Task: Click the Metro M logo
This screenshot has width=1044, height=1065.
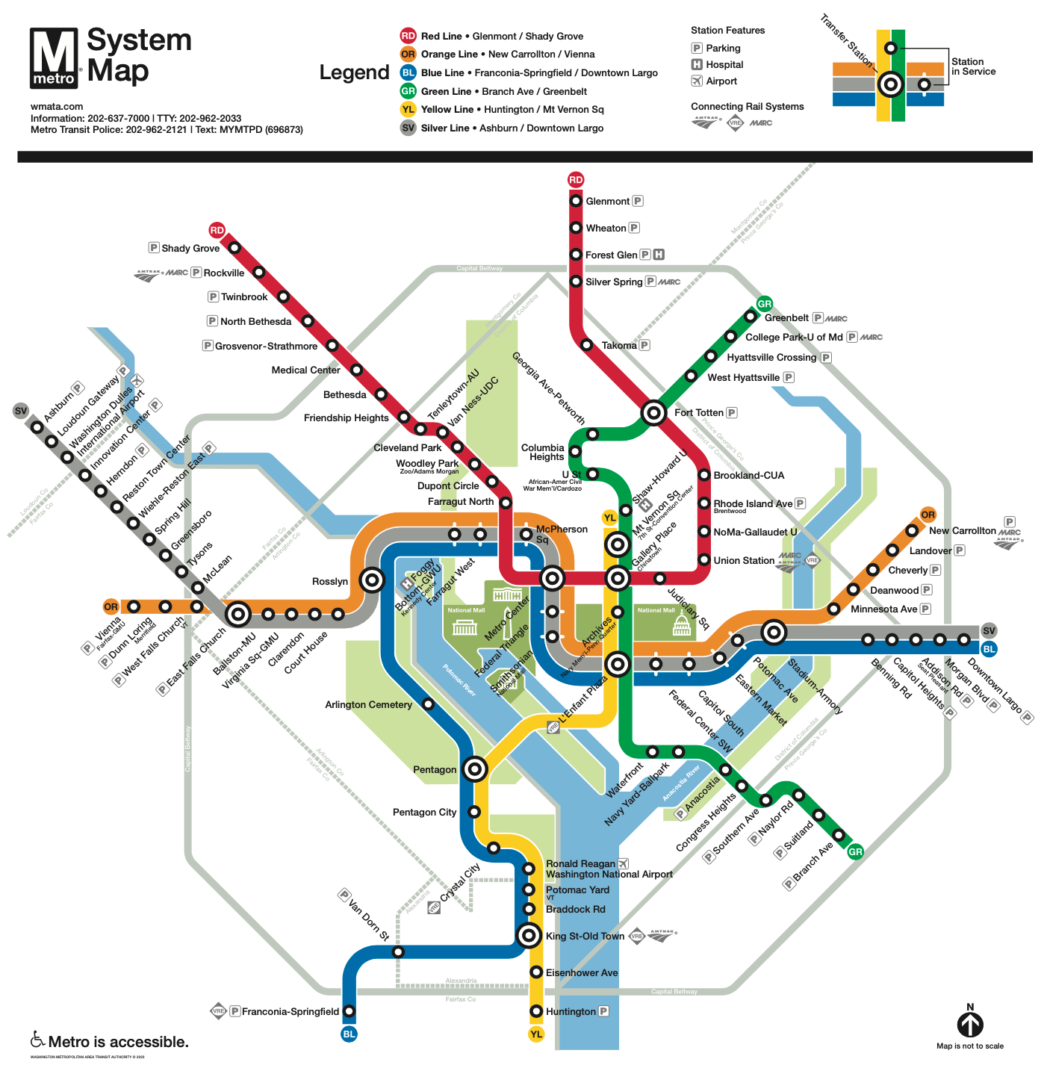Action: point(54,58)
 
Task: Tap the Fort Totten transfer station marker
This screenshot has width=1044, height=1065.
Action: point(653,412)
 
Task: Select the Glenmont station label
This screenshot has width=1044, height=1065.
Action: point(607,202)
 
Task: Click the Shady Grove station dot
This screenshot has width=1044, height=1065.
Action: point(234,248)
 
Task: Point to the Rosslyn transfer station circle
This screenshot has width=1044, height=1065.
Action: point(371,580)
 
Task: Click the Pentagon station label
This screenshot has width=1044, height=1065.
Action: point(434,770)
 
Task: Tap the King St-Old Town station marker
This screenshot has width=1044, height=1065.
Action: point(529,934)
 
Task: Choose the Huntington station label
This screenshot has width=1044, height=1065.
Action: point(571,1012)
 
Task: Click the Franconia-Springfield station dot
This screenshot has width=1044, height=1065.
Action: point(349,1011)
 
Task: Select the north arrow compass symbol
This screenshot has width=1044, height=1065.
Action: point(970,1024)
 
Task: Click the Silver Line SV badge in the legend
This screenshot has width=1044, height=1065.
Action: point(408,128)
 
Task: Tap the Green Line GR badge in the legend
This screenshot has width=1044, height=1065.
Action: point(408,91)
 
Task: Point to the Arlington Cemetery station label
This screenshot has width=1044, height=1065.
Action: point(368,705)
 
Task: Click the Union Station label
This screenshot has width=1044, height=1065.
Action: point(744,561)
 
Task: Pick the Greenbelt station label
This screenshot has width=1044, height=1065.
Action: point(786,318)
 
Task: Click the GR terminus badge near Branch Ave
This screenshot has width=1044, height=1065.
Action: point(855,851)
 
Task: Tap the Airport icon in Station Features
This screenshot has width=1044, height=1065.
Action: point(697,81)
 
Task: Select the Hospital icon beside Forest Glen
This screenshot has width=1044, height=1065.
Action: point(659,255)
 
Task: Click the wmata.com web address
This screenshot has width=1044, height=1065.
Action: point(57,107)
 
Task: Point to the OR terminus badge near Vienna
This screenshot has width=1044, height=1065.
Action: point(111,606)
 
